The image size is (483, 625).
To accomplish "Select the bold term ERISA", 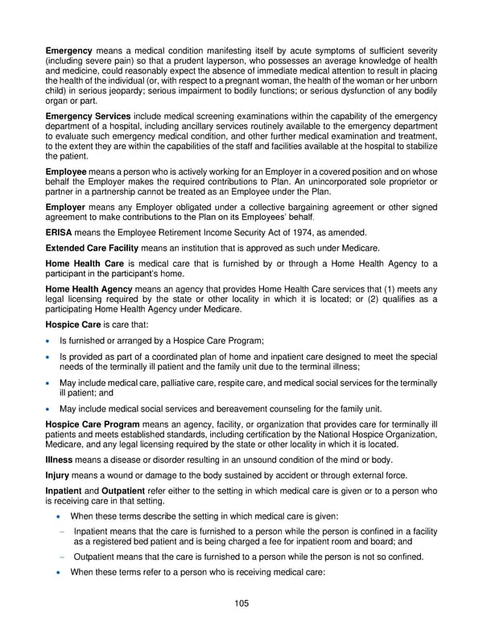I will pyautogui.click(x=60, y=231).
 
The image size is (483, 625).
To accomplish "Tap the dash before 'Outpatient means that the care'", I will pyautogui.click(x=62, y=557).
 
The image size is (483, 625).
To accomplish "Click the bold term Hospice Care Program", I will pyautogui.click(x=93, y=424).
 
